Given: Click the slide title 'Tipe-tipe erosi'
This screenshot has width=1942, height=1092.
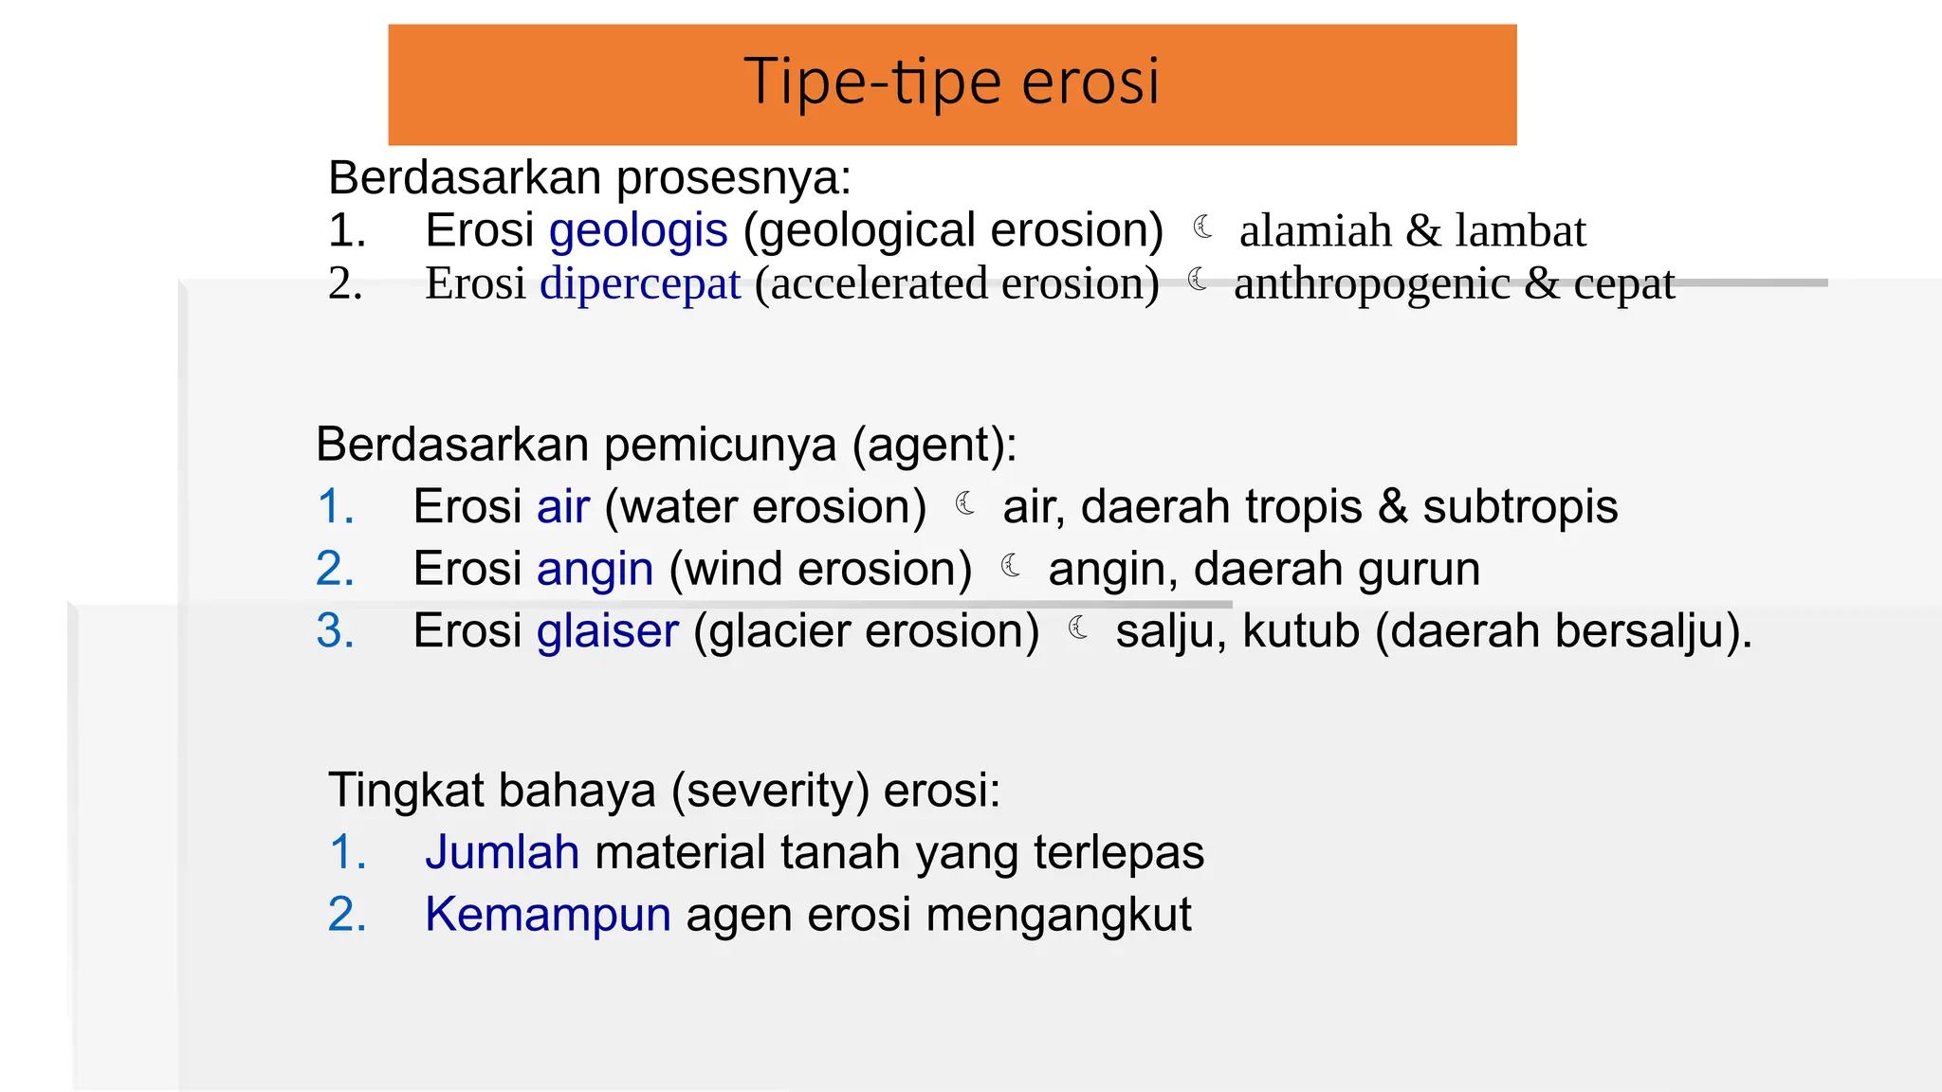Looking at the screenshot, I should [x=951, y=82].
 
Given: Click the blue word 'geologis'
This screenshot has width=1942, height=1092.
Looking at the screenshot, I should [x=638, y=230].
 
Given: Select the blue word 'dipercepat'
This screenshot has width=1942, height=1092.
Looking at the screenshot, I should [x=640, y=283].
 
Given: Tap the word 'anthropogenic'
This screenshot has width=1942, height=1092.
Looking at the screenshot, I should [x=1371, y=283].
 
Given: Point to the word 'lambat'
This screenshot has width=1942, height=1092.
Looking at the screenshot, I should [x=1520, y=231].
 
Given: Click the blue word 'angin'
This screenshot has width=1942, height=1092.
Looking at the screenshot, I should [x=595, y=569].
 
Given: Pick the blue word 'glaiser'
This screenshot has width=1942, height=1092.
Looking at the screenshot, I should [x=607, y=631].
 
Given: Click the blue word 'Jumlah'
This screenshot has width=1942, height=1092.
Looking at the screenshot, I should [x=502, y=852].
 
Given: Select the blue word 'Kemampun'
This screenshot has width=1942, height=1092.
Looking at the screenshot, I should [x=547, y=915].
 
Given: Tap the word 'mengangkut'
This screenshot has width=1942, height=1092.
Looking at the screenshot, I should [x=1058, y=916].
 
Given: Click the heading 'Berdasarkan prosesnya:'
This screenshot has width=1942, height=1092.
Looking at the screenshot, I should [x=589, y=177].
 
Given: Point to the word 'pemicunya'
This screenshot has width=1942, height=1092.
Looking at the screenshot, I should [x=720, y=445].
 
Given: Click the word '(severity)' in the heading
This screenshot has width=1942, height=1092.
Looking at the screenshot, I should [x=769, y=790].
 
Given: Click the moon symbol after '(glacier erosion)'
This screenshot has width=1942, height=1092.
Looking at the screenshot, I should [x=1078, y=628].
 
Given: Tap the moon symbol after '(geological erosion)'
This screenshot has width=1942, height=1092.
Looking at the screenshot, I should [x=1202, y=227].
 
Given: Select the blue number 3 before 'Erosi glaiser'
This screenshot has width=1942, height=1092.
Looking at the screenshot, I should [x=335, y=631].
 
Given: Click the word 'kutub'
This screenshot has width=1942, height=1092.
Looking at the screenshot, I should [x=1300, y=631].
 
